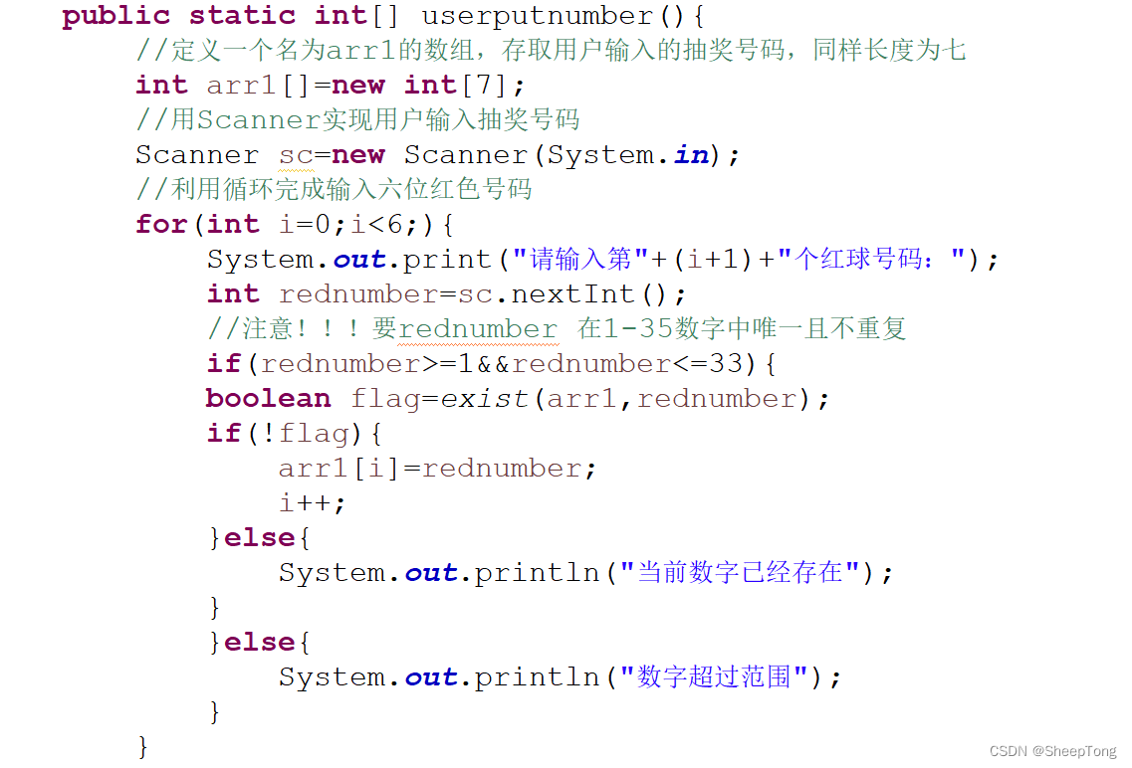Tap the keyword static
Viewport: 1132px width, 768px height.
click(242, 16)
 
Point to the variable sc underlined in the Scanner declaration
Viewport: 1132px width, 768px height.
click(296, 155)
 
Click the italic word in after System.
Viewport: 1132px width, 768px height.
click(691, 155)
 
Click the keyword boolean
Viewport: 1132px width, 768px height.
click(268, 399)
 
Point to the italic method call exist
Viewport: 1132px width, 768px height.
click(485, 399)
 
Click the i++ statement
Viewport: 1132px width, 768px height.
click(312, 503)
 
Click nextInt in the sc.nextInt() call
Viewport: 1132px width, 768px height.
click(572, 294)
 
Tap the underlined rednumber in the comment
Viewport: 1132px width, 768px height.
click(478, 329)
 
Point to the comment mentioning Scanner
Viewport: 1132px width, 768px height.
click(358, 120)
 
